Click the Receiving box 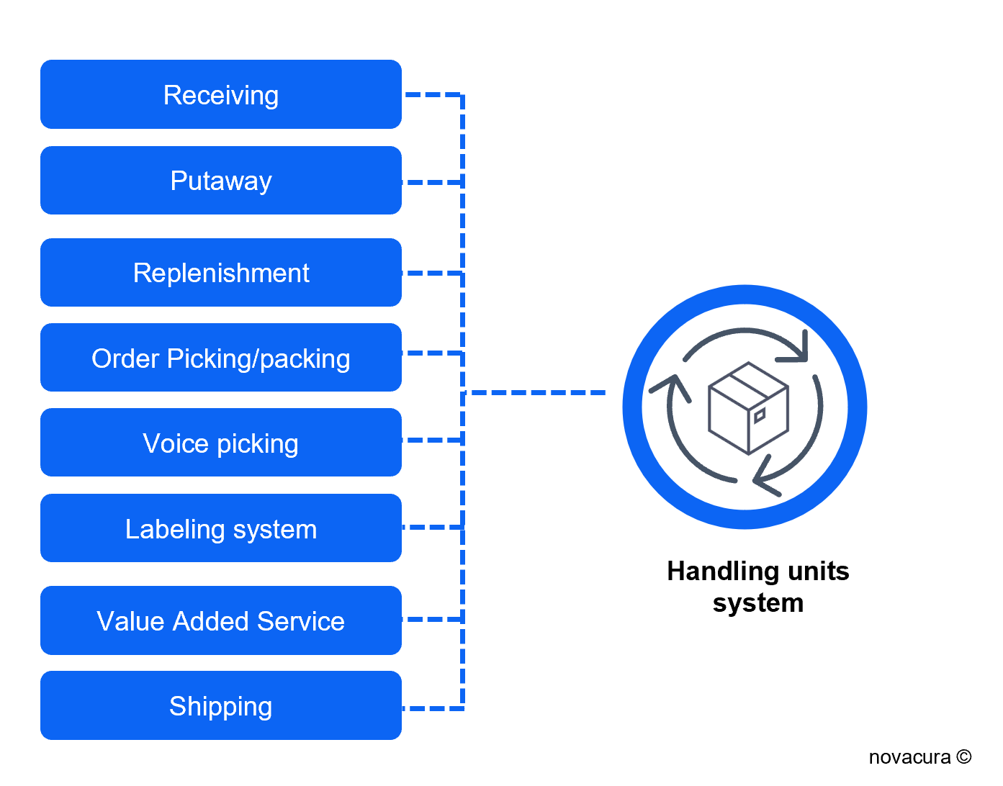click(x=220, y=94)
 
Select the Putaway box click(x=220, y=180)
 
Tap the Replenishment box click(x=220, y=273)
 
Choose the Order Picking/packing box click(x=220, y=358)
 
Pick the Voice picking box click(x=220, y=443)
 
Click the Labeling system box click(x=220, y=528)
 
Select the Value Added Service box click(x=220, y=620)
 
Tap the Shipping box click(x=220, y=705)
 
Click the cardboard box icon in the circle click(x=748, y=408)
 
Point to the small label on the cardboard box click(x=759, y=415)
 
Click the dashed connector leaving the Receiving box click(x=432, y=94)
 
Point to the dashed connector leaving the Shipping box click(x=432, y=708)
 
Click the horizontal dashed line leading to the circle click(x=536, y=392)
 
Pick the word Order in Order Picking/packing click(x=125, y=358)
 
